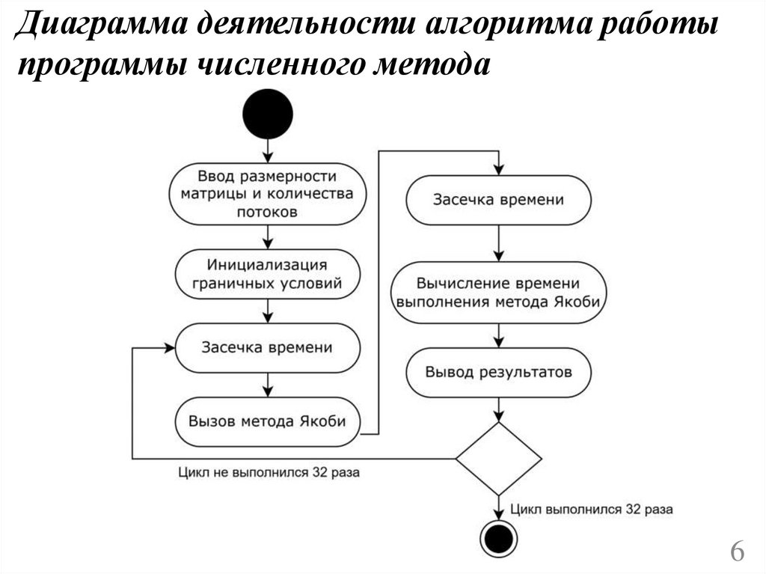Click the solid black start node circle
coord(268,114)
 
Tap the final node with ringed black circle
coord(498,537)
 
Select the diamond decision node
coord(498,458)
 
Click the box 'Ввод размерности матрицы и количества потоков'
coord(268,194)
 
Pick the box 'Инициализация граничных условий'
coord(268,274)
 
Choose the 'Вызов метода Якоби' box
coord(268,421)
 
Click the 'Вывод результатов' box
coord(498,372)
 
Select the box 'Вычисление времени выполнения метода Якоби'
coord(498,293)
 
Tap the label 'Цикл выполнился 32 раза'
coord(592,509)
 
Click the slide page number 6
coord(737,553)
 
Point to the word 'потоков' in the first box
coord(268,212)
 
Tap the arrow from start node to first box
coord(268,152)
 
